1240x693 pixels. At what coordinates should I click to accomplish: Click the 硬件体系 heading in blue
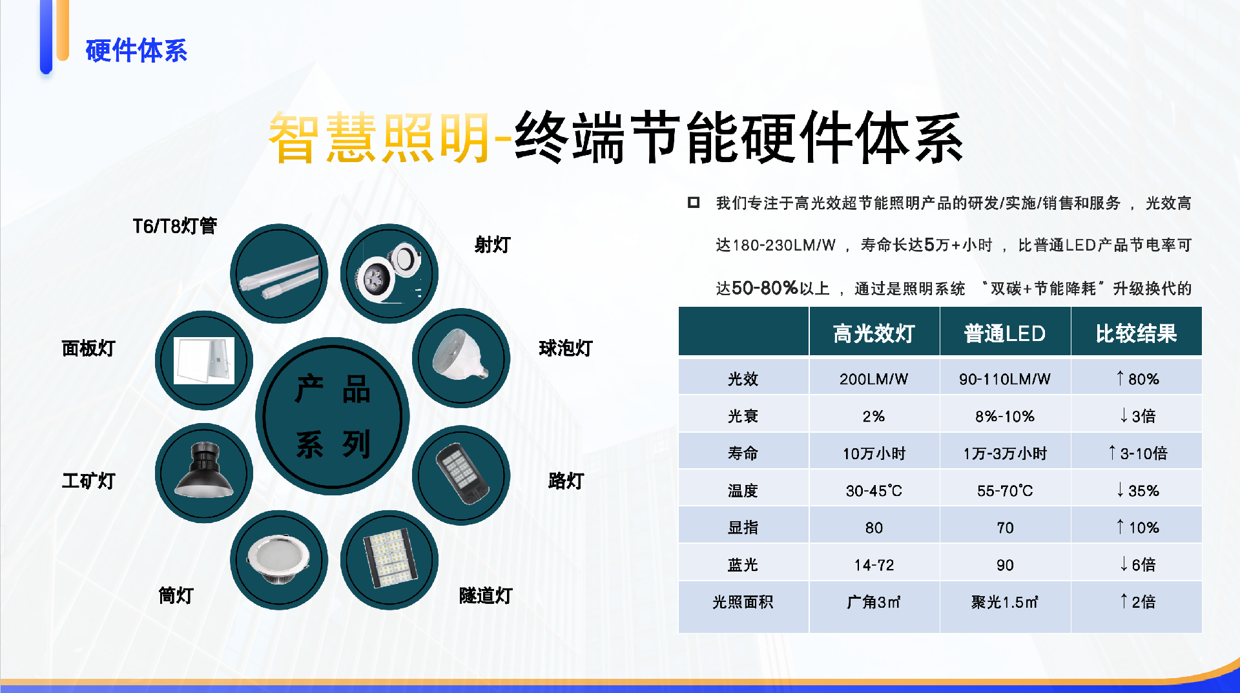coord(136,50)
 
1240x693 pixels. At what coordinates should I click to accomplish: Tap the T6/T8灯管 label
coord(174,226)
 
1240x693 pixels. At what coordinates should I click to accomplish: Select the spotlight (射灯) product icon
coord(389,273)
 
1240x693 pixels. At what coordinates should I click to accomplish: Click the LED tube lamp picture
coord(279,273)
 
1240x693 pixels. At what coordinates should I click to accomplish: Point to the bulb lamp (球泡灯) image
coord(461,358)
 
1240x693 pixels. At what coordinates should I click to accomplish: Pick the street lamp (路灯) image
coord(461,475)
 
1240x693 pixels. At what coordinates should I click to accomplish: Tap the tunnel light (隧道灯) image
coord(389,560)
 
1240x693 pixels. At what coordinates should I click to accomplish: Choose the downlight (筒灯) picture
coord(279,560)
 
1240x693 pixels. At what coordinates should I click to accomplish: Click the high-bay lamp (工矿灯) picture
coord(204,473)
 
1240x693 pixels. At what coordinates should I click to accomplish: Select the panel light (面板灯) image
coord(204,360)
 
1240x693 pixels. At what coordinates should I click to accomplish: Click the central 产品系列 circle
coord(333,416)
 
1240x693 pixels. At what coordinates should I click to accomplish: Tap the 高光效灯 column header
coord(874,333)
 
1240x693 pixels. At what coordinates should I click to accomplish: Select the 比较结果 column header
coord(1136,333)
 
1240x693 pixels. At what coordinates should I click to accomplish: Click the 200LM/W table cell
coord(874,379)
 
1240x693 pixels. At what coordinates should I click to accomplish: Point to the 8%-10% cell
coord(1005,417)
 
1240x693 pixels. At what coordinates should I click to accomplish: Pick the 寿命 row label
coord(743,453)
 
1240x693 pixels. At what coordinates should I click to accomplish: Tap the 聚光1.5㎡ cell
coord(1005,602)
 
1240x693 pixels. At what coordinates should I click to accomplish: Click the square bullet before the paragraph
coord(694,203)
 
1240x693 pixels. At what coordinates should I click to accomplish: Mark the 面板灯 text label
coord(88,349)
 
